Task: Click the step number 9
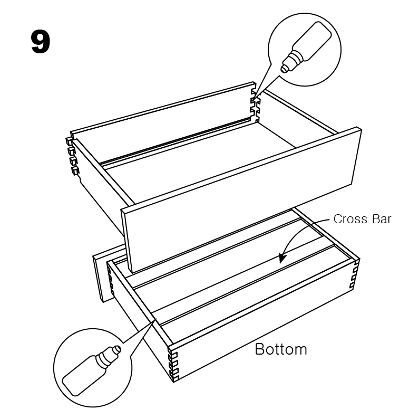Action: click(x=41, y=42)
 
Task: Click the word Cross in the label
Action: click(x=348, y=219)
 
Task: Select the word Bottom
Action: click(x=281, y=349)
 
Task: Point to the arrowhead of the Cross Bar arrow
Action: click(x=282, y=258)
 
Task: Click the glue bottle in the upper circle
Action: click(x=306, y=47)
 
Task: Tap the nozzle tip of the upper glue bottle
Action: click(x=283, y=70)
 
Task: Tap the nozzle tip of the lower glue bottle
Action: click(x=118, y=349)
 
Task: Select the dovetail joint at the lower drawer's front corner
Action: click(x=173, y=365)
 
